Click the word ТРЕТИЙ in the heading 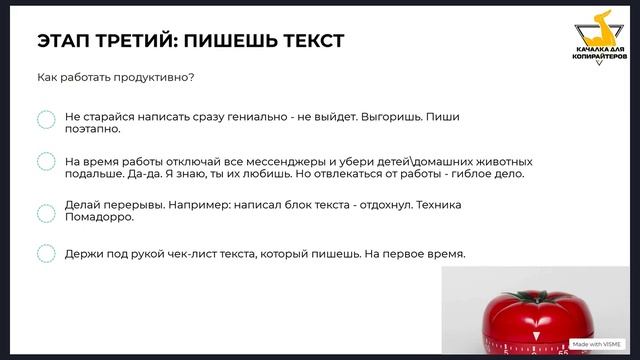coord(131,41)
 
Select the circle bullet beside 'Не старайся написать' coord(46,120)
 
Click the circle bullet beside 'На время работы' coord(46,162)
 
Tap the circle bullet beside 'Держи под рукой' coord(46,254)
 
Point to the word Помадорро coord(99,216)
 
